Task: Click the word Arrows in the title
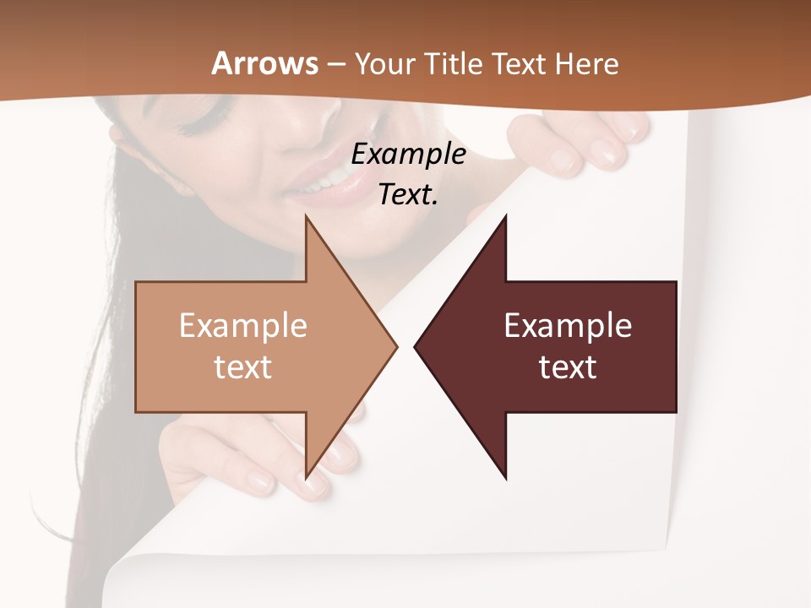(x=265, y=63)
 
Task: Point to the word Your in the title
(x=385, y=63)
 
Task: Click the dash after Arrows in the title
(x=336, y=64)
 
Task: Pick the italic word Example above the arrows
(x=409, y=154)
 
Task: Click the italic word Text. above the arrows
(x=409, y=194)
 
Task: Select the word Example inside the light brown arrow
(x=242, y=325)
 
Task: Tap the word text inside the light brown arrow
(x=242, y=367)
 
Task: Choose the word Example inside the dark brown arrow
(x=568, y=325)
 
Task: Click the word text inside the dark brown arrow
(x=568, y=367)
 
